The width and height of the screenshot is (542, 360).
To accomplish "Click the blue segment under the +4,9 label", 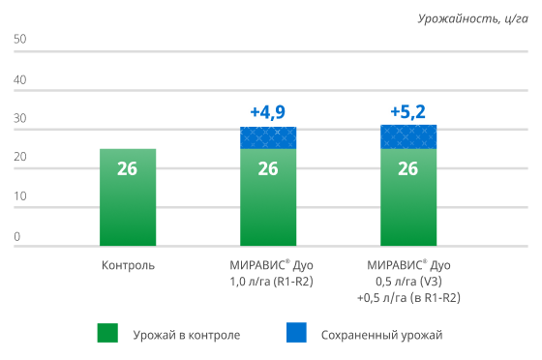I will (268, 137).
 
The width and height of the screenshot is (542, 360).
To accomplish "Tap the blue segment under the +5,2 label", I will (407, 136).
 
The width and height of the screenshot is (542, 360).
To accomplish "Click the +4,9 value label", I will (267, 111).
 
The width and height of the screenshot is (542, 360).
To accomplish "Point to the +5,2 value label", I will (407, 111).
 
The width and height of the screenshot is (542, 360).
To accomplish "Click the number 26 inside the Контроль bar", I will (128, 168).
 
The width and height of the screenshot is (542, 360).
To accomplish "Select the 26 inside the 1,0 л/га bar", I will (268, 168).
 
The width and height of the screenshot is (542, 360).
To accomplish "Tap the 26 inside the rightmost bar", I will (407, 168).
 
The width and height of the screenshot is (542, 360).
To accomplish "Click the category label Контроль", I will (128, 264).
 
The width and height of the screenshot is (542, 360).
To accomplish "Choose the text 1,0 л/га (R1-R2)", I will (268, 281).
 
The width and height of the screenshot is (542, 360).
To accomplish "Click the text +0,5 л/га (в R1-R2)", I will (407, 297).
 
